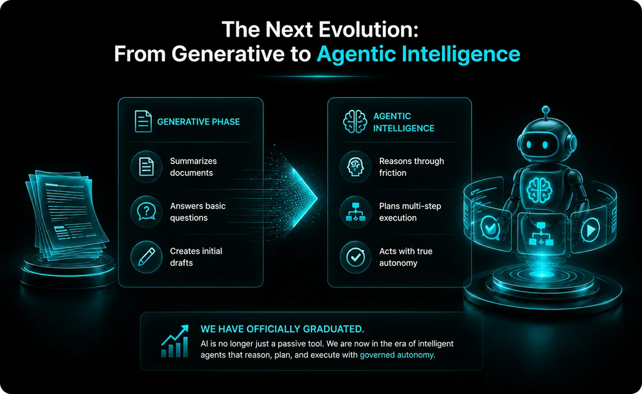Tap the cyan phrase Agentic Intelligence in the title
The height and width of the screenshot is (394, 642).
(418, 55)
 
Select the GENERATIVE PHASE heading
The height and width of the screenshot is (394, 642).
(198, 122)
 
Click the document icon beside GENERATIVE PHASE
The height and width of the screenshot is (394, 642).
(143, 121)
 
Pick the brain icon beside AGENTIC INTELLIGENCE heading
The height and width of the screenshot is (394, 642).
(355, 122)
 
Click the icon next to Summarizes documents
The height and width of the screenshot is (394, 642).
(146, 167)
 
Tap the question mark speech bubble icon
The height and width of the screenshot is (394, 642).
(146, 212)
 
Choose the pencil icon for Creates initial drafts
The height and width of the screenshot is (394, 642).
(146, 257)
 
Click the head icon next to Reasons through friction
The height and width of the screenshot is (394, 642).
(355, 167)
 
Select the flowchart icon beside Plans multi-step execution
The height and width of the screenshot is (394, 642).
(355, 212)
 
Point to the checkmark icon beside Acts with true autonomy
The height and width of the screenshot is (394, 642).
(355, 257)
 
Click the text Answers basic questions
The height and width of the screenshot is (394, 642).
(198, 212)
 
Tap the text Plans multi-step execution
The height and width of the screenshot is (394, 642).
(410, 212)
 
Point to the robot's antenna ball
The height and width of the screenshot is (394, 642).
(546, 110)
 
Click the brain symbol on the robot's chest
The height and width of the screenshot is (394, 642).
(539, 190)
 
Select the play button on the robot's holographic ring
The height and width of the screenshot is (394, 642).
(590, 230)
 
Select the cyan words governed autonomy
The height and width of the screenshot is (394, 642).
(397, 355)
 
